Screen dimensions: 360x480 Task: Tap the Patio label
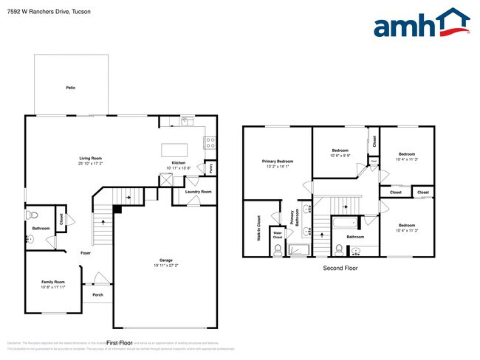[x=71, y=88]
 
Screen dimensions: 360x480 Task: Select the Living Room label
[x=91, y=158]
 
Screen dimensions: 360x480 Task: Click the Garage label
[x=166, y=260]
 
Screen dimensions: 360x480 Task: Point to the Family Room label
[x=52, y=282]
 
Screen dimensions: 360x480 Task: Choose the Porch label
[x=97, y=295]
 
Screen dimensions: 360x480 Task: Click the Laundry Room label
[x=198, y=192]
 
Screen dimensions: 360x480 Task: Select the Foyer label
[x=86, y=253]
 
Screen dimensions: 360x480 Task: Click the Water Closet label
[x=278, y=235]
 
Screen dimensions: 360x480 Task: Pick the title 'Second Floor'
[x=340, y=269]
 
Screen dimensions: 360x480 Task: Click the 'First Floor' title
[x=120, y=343]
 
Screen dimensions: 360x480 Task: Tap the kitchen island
[x=175, y=150]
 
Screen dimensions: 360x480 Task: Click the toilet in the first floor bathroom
[x=31, y=215]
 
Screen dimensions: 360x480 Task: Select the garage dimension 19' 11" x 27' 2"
[x=166, y=266]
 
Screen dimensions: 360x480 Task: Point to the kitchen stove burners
[x=210, y=139]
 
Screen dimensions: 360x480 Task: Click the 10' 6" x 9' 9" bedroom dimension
[x=340, y=156]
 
